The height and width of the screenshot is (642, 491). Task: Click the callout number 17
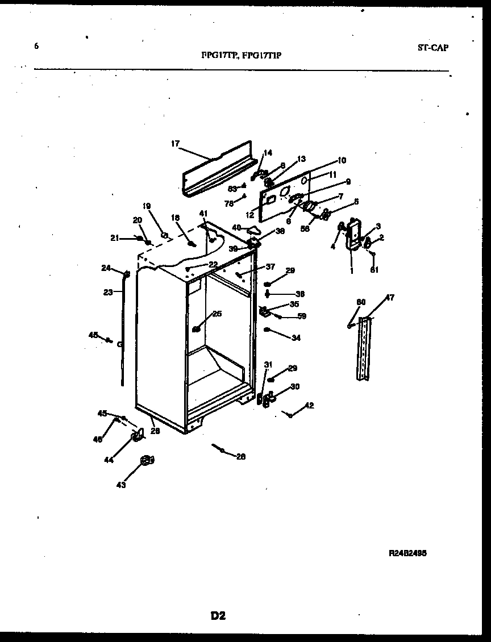(175, 144)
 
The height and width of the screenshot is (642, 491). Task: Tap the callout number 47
(390, 298)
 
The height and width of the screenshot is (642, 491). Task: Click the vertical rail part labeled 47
(364, 348)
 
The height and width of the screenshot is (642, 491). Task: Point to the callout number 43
(121, 485)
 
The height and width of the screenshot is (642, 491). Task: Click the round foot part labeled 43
(147, 461)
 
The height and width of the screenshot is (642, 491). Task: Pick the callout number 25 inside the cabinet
(217, 314)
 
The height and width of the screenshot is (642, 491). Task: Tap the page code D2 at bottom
(218, 615)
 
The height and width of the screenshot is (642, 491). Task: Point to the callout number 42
(309, 406)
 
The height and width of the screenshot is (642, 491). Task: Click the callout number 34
(296, 338)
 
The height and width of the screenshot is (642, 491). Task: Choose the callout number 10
(342, 160)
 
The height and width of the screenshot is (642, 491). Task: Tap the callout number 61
(374, 269)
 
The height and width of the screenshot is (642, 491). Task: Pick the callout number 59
(302, 316)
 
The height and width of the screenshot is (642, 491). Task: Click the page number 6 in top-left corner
(36, 47)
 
